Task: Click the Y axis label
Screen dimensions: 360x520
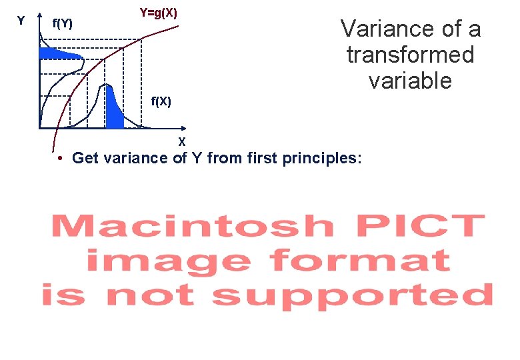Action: [21, 21]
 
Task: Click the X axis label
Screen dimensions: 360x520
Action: [181, 141]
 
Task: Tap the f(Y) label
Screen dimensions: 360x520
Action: [63, 25]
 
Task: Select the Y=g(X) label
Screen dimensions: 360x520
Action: [158, 13]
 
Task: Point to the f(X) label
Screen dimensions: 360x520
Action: [161, 101]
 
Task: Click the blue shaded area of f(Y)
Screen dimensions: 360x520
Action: [57, 53]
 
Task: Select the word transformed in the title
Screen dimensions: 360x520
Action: [410, 55]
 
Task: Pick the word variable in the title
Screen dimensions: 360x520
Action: [410, 81]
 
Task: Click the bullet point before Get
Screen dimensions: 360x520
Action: [60, 159]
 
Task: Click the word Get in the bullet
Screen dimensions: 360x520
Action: [85, 158]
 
